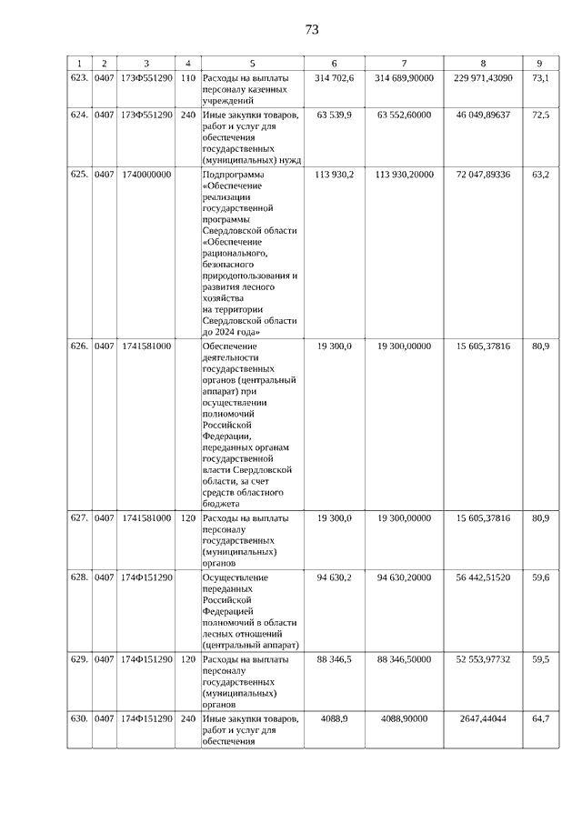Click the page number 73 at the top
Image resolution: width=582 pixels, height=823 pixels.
pyautogui.click(x=312, y=29)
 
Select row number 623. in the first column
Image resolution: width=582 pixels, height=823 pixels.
pyautogui.click(x=79, y=78)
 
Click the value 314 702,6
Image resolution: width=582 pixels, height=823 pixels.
pyautogui.click(x=335, y=78)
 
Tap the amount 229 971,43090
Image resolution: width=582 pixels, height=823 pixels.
pyautogui.click(x=483, y=78)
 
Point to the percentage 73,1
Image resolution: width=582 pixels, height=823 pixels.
pyautogui.click(x=540, y=78)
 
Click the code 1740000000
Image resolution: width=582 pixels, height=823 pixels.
pyautogui.click(x=145, y=175)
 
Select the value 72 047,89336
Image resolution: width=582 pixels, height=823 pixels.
pyautogui.click(x=483, y=175)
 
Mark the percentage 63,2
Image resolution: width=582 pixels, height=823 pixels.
pyautogui.click(x=540, y=175)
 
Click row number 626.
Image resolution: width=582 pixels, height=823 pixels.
pyautogui.click(x=79, y=346)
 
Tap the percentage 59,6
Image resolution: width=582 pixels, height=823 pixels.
pyautogui.click(x=540, y=577)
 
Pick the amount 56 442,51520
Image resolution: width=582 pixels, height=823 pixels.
pyautogui.click(x=483, y=577)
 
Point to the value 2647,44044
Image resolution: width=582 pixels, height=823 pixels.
pyautogui.click(x=483, y=718)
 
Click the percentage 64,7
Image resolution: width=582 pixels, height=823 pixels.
pyautogui.click(x=540, y=718)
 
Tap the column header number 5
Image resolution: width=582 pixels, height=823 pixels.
pyautogui.click(x=252, y=63)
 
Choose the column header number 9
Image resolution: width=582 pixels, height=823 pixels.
pyautogui.click(x=540, y=63)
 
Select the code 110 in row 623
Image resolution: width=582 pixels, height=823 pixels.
pyautogui.click(x=188, y=78)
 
